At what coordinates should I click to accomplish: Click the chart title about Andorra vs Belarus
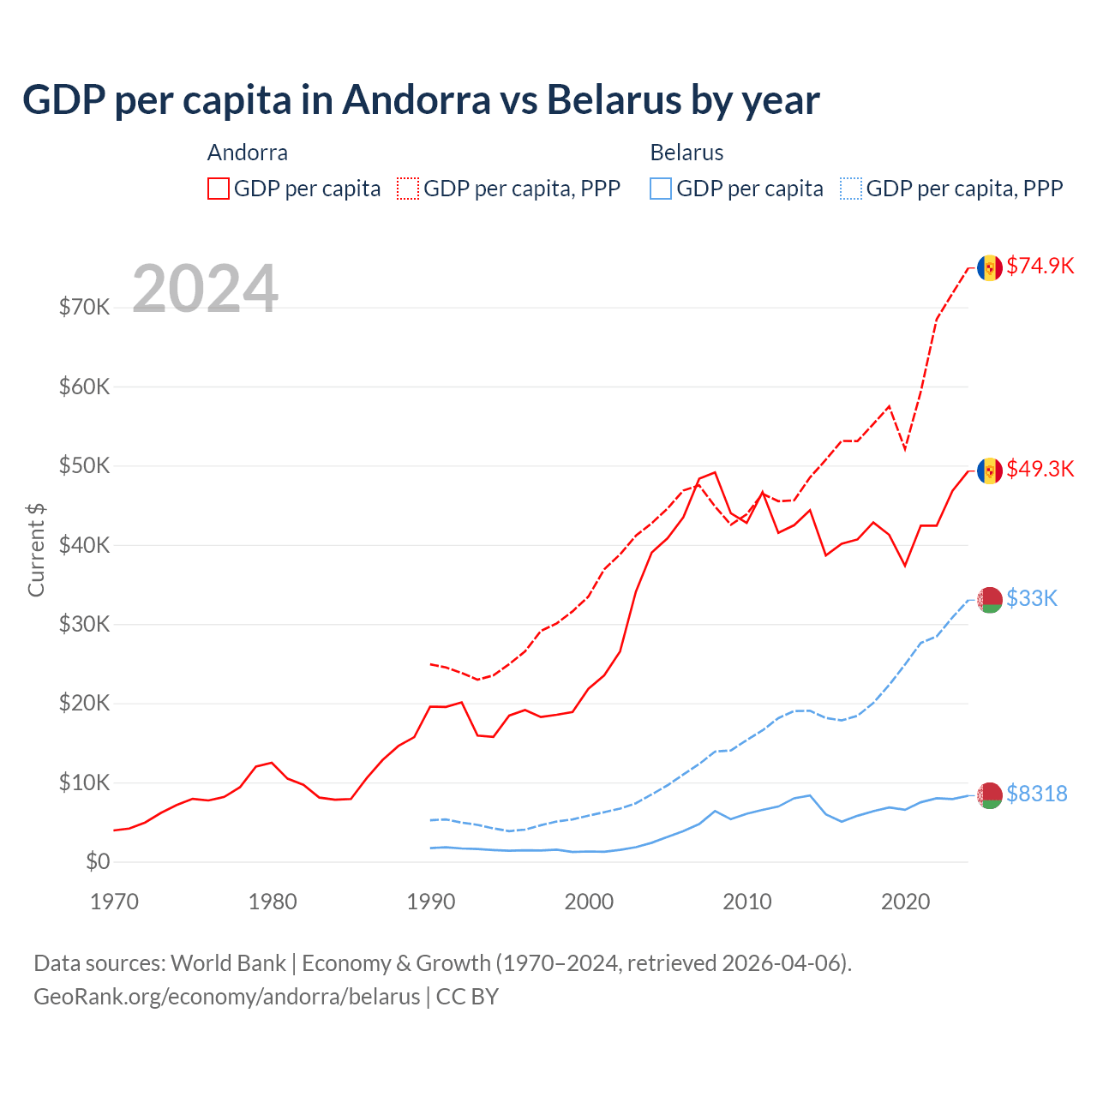coord(421,100)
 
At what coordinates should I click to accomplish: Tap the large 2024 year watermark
coord(205,289)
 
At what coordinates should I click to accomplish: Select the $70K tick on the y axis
coord(84,307)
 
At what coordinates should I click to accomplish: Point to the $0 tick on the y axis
coord(98,861)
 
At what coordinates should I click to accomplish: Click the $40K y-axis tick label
coord(84,544)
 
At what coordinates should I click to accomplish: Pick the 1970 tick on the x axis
coord(114,902)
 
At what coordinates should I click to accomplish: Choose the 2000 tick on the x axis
coord(589,902)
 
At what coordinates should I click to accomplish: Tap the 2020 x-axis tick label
coord(905,902)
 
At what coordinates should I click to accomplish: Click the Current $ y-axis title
coord(36,550)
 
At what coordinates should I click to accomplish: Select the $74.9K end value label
coord(1040,266)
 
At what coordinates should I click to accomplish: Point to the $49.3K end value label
coord(1040,469)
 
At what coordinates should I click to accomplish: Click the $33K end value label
coord(1032,598)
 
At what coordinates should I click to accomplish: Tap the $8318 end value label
coord(1036,794)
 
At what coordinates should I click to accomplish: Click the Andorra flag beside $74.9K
coord(990,267)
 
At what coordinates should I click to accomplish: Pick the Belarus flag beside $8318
coord(990,795)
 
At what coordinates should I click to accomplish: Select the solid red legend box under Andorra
coord(219,189)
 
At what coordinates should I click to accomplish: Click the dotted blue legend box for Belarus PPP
coord(851,189)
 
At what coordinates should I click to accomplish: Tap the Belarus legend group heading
coord(686,153)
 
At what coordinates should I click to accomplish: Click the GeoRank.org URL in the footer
coord(227,997)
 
